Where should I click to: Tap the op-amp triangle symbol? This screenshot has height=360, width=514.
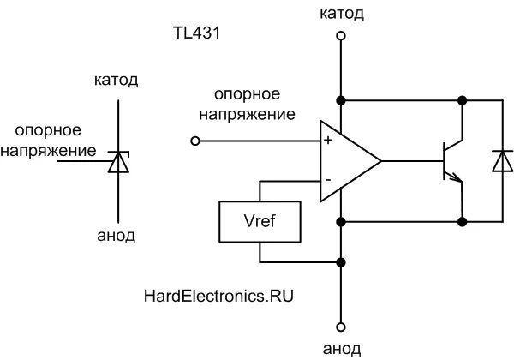click(347, 160)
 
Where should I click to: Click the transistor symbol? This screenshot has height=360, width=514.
click(451, 160)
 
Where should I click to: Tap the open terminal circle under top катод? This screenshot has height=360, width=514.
click(341, 37)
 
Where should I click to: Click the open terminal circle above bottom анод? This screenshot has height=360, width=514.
click(341, 327)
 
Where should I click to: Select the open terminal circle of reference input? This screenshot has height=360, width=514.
click(195, 140)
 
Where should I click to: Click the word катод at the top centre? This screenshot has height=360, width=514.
click(341, 14)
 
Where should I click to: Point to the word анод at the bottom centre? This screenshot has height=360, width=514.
click(341, 348)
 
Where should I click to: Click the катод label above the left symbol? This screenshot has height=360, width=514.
click(116, 81)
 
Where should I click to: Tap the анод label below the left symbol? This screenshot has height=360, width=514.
click(116, 235)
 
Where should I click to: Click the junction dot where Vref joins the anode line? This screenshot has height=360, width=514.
click(341, 262)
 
